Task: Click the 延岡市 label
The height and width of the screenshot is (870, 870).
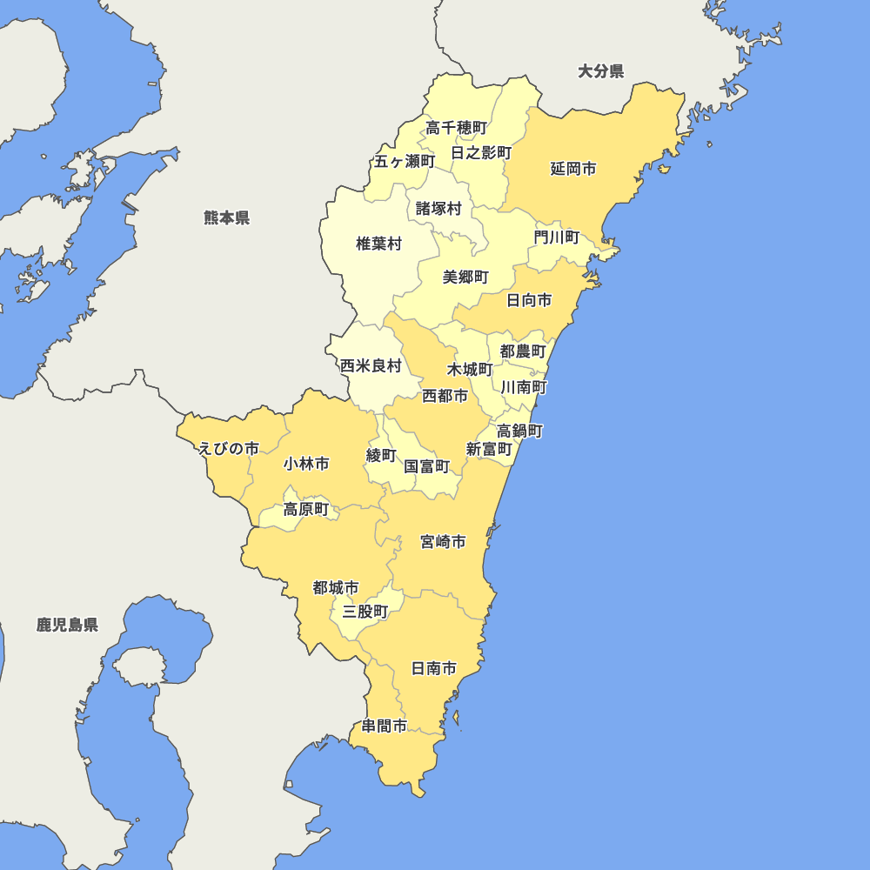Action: point(573,169)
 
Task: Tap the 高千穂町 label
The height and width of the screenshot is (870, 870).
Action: point(456,128)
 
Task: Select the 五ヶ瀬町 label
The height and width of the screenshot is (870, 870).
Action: point(405,161)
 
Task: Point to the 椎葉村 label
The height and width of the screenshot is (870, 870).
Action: point(378,244)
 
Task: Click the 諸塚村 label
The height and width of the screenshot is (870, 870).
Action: point(438,209)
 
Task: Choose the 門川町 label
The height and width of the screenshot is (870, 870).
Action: point(557,237)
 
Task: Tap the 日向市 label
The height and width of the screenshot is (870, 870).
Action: point(529,300)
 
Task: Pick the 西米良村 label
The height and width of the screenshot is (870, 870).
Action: point(371,365)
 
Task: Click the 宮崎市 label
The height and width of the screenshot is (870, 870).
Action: point(443,542)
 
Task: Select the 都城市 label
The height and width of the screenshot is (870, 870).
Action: point(336,588)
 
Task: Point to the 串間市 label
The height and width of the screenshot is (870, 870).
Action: point(385,726)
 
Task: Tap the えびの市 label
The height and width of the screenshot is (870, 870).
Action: point(229,449)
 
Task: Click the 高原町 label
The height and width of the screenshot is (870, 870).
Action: point(306,510)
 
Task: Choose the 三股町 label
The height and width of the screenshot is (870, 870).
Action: point(365,612)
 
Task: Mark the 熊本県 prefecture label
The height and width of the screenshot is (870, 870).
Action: point(227,217)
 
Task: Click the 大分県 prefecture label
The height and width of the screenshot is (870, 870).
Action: point(601,71)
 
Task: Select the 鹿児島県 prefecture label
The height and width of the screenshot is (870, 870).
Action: point(67,625)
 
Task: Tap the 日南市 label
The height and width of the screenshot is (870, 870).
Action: point(434,669)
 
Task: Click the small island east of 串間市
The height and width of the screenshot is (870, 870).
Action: point(456,718)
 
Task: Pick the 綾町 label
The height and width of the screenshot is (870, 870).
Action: point(381,455)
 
